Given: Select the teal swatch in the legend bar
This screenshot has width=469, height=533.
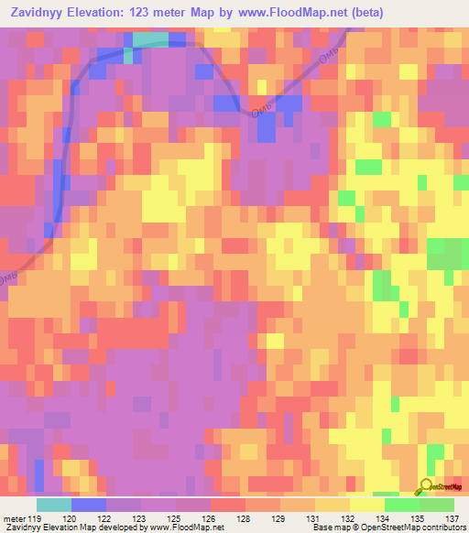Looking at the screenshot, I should (53, 505).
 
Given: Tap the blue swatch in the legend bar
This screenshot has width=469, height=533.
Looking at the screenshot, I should (88, 505).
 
